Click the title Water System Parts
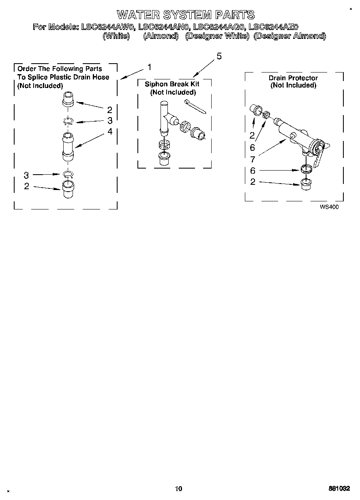[186, 15]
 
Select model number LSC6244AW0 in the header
[107, 27]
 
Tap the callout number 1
[150, 67]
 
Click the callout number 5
[219, 56]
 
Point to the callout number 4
[110, 131]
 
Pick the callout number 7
[253, 159]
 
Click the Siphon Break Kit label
[172, 84]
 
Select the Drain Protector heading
[293, 78]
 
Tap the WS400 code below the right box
[329, 207]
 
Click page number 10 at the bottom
[179, 488]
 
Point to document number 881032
[340, 488]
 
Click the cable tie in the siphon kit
[195, 106]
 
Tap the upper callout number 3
[110, 120]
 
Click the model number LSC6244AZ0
[273, 27]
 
